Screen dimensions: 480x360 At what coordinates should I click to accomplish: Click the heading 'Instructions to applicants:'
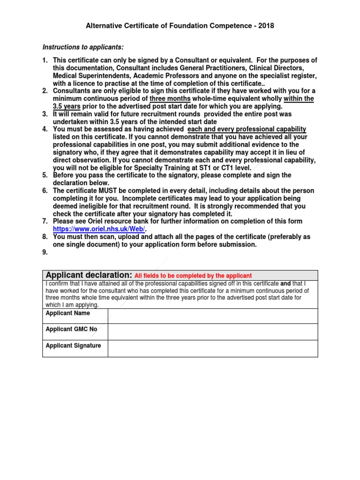[83, 47]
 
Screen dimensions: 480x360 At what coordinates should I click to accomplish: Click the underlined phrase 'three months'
[170, 98]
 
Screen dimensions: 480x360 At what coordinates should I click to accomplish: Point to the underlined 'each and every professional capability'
[247, 129]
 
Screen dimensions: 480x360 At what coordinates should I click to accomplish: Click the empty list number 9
[45, 252]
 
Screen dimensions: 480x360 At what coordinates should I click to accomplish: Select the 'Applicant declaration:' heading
[89, 275]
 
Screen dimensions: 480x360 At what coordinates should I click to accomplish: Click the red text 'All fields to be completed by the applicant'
[193, 276]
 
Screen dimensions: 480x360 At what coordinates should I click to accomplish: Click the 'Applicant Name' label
[68, 313]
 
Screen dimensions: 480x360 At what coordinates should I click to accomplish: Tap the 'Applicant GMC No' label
[71, 329]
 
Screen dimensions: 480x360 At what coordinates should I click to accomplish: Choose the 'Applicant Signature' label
[73, 345]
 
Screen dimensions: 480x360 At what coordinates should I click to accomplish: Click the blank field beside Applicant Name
[212, 316]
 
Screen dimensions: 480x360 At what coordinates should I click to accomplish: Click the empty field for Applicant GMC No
[212, 332]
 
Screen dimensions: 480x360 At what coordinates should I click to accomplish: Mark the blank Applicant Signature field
[212, 348]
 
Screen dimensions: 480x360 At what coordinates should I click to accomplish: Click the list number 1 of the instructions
[45, 60]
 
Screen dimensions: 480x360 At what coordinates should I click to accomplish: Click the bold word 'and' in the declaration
[286, 284]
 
